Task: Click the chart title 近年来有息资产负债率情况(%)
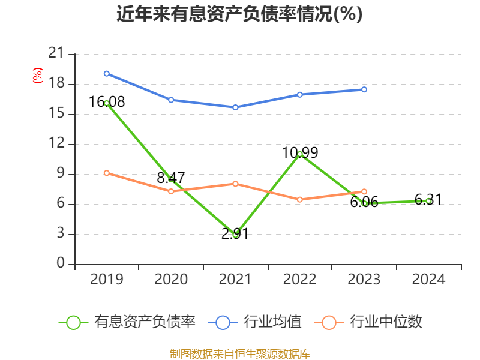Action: pyautogui.click(x=239, y=14)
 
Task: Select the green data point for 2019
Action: pyautogui.click(x=107, y=103)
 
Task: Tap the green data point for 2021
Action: pyautogui.click(x=236, y=234)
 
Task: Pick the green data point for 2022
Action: pyautogui.click(x=300, y=154)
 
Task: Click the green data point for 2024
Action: pyautogui.click(x=428, y=201)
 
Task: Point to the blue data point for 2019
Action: pyautogui.click(x=107, y=74)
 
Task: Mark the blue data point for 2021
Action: pyautogui.click(x=236, y=107)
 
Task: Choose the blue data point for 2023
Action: pyautogui.click(x=364, y=89)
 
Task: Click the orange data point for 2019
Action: pyautogui.click(x=107, y=173)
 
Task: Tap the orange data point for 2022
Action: pyautogui.click(x=300, y=199)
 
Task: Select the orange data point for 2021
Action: pyautogui.click(x=236, y=184)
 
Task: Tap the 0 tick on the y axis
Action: pyautogui.click(x=61, y=264)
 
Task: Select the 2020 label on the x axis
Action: pyautogui.click(x=171, y=280)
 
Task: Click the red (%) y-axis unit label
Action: pyautogui.click(x=37, y=76)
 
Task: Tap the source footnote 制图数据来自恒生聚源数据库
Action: pyautogui.click(x=239, y=353)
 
